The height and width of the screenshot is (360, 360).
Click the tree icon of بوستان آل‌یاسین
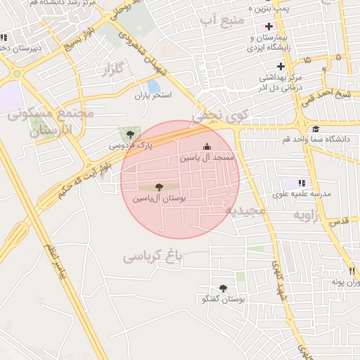(158, 187)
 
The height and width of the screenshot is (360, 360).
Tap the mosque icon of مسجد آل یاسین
(207, 146)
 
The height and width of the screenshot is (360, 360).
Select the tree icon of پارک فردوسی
(129, 134)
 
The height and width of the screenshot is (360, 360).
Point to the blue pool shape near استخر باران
(153, 86)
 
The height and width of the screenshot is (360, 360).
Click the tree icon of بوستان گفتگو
(223, 288)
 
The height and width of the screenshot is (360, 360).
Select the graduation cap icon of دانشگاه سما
(316, 129)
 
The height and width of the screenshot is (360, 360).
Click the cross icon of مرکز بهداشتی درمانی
(281, 66)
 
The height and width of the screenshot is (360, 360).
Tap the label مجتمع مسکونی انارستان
(49, 121)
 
